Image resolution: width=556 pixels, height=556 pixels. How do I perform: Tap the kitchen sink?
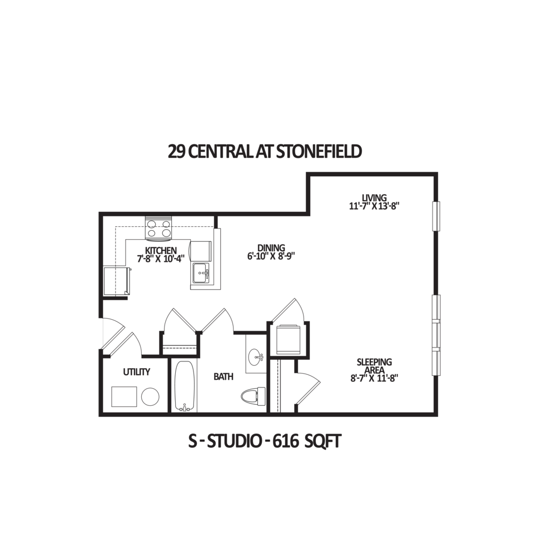pos(201,274)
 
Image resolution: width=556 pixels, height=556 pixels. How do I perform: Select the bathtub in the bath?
pos(185,386)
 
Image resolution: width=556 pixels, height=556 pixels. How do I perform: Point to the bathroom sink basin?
pos(255,357)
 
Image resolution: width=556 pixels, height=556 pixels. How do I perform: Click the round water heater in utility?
pos(150,396)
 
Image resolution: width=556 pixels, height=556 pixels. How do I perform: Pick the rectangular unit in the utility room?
pos(124,397)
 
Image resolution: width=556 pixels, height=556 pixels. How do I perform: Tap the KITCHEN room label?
pos(161,251)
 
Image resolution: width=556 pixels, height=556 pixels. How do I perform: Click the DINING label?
pos(271,248)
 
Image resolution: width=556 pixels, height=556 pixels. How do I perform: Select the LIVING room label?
pos(374,197)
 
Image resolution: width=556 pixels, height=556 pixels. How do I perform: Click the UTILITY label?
pos(137,372)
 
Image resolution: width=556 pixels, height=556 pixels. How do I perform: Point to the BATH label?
pos(224,376)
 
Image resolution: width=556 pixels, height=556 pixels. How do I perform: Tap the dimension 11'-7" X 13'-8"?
pos(374,206)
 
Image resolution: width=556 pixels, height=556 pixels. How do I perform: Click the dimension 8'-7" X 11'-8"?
pos(374,378)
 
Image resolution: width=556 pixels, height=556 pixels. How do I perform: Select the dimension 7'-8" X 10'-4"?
pos(161,259)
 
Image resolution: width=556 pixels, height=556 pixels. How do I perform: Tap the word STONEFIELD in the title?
pos(319,152)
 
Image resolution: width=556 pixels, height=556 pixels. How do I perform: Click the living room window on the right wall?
pos(436,216)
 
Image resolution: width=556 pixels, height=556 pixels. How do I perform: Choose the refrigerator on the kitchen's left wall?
pos(116,281)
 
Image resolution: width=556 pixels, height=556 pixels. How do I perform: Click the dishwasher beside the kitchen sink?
pos(201,251)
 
